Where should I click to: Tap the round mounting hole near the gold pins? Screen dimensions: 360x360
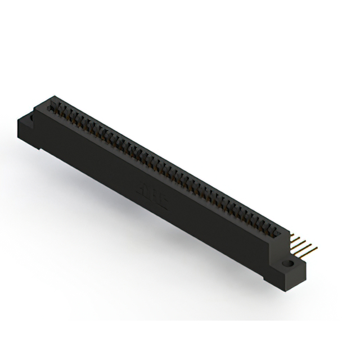click(x=289, y=263)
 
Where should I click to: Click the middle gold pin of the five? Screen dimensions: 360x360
click(x=298, y=242)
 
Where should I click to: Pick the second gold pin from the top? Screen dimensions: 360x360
click(x=295, y=239)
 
